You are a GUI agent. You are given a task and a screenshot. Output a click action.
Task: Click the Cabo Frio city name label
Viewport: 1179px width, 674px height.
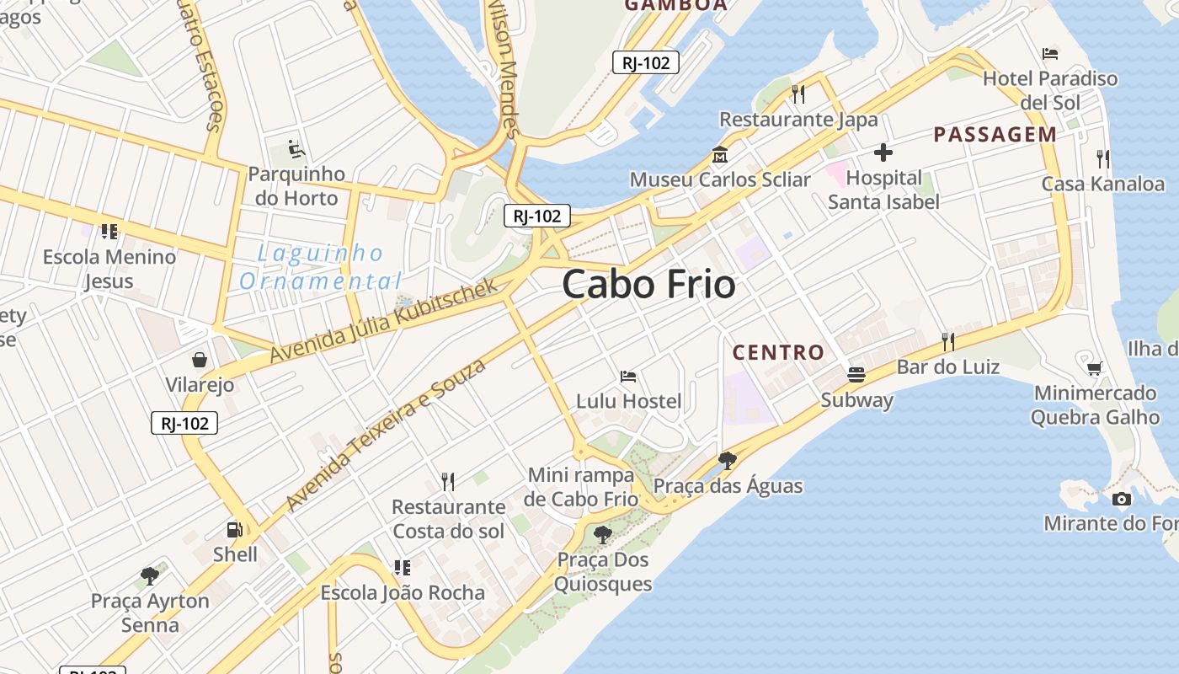tap(648, 285)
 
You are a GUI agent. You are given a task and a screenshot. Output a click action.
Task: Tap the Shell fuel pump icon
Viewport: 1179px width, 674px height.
tap(235, 530)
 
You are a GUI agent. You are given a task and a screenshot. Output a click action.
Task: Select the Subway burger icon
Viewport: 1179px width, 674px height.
tap(856, 375)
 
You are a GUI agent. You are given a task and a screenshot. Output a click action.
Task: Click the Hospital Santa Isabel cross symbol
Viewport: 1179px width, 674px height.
tap(883, 152)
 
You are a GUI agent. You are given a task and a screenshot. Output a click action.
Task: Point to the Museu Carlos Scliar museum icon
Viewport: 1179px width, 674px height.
tap(720, 155)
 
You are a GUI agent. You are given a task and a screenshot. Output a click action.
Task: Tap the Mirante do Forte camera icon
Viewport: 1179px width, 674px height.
tap(1121, 499)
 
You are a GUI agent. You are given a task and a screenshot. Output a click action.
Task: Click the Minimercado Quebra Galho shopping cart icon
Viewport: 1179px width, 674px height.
tap(1094, 368)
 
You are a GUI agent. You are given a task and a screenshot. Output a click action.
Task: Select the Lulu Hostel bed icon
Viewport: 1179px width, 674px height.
tap(627, 377)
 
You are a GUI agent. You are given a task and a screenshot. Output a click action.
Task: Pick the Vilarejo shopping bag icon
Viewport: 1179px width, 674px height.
tap(200, 361)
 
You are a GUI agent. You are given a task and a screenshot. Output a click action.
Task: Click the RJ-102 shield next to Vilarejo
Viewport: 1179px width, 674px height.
tap(184, 423)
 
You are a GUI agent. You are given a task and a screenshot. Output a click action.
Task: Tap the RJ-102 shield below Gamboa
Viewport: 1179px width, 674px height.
tap(645, 62)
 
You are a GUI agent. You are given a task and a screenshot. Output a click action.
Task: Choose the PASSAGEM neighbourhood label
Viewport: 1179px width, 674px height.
tap(995, 134)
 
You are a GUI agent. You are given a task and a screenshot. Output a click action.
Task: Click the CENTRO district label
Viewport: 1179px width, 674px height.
tap(777, 352)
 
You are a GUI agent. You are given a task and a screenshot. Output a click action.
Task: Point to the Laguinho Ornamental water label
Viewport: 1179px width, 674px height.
tap(320, 266)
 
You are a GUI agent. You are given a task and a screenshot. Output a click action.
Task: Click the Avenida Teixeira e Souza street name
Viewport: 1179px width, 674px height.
tap(387, 435)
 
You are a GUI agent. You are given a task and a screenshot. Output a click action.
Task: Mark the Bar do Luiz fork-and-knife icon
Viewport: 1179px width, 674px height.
tap(947, 341)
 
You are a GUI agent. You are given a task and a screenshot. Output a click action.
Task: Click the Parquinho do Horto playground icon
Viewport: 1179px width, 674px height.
tap(296, 149)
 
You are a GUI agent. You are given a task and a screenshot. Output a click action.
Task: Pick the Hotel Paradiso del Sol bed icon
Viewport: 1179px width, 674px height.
tap(1049, 54)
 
